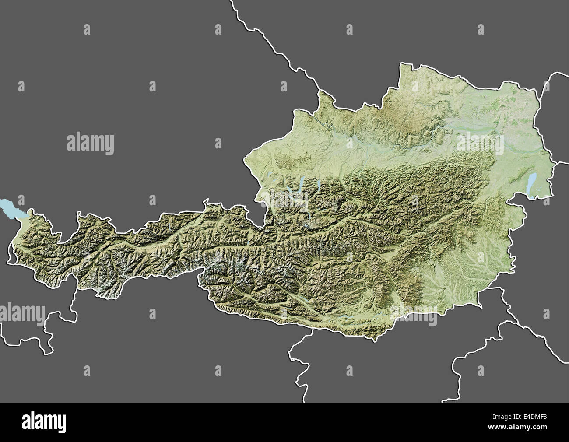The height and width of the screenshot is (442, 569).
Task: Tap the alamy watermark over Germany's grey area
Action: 90,143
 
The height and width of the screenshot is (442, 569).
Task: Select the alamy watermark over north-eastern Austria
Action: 480,143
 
